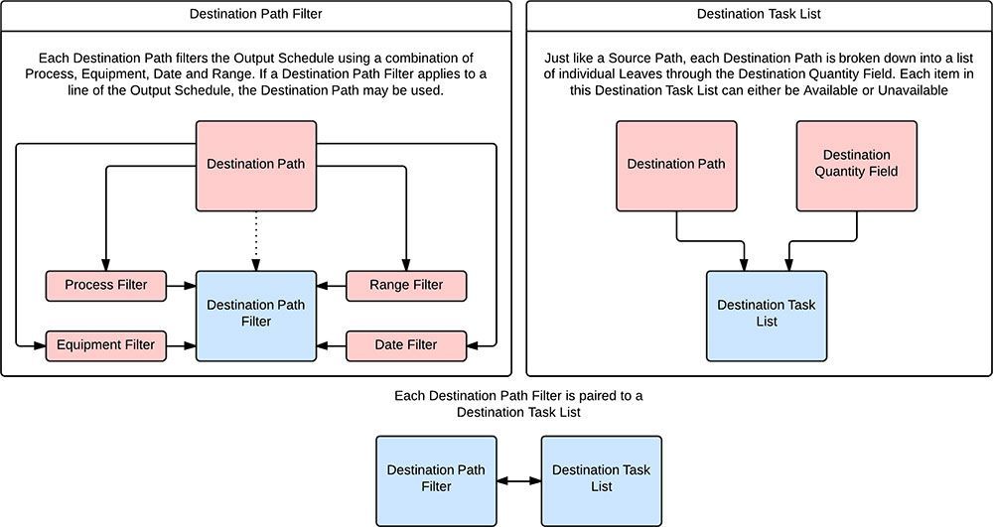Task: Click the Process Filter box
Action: pos(106,286)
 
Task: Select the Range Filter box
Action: pos(406,286)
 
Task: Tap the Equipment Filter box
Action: pos(106,345)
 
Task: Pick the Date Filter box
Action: pos(406,345)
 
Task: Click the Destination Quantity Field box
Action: pos(856,165)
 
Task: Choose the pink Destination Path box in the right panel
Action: pos(676,165)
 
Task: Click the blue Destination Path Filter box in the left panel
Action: pos(256,315)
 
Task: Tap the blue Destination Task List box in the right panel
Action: pos(766,315)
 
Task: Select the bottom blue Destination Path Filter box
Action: pos(436,479)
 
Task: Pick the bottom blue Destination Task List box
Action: pos(601,479)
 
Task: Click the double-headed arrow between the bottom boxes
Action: pos(518,480)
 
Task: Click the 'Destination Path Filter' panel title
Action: pos(256,14)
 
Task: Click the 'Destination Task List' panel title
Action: pos(759,14)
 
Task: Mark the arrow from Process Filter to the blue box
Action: pos(182,286)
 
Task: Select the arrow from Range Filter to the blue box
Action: pos(331,286)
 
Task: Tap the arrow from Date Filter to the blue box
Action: pos(331,345)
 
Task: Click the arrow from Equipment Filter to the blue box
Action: pos(182,345)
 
